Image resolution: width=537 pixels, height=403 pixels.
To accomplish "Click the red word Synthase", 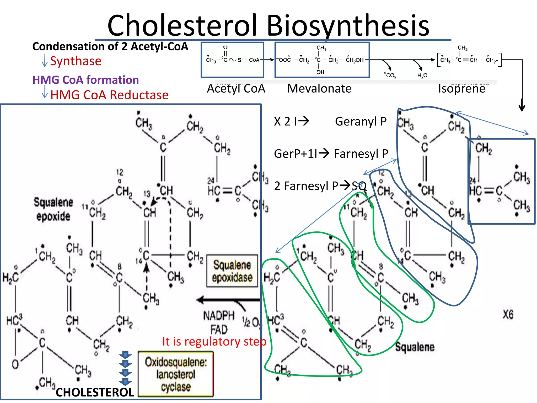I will (76, 61).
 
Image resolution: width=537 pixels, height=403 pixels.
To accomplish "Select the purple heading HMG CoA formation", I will (85, 80).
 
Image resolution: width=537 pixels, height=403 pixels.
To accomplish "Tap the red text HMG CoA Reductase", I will (109, 95).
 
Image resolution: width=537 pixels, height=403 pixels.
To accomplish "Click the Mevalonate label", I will (319, 89).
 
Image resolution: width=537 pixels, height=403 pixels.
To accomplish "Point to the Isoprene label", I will (461, 89).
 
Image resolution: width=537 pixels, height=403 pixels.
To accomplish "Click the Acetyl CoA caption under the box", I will (236, 89).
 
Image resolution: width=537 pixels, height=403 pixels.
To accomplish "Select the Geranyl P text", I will (361, 121).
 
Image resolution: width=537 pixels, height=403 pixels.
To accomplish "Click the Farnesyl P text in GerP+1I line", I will (361, 154).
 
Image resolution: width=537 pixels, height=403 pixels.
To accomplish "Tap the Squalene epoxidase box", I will (232, 271).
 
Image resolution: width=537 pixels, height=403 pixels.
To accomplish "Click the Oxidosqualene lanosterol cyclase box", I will (176, 374).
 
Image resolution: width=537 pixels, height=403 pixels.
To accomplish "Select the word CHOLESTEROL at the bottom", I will (95, 393).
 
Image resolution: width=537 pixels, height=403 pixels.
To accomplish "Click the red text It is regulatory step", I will (214, 342).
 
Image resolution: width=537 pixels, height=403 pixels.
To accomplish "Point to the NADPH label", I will (219, 316).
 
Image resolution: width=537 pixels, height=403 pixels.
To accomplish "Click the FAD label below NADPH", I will (219, 330).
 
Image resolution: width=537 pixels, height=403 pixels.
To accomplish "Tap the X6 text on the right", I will (508, 315).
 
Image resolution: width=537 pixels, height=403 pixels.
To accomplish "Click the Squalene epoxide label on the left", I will (53, 209).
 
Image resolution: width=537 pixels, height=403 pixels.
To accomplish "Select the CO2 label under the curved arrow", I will (390, 75).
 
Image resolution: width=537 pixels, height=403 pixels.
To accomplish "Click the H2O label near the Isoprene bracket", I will (422, 76).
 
